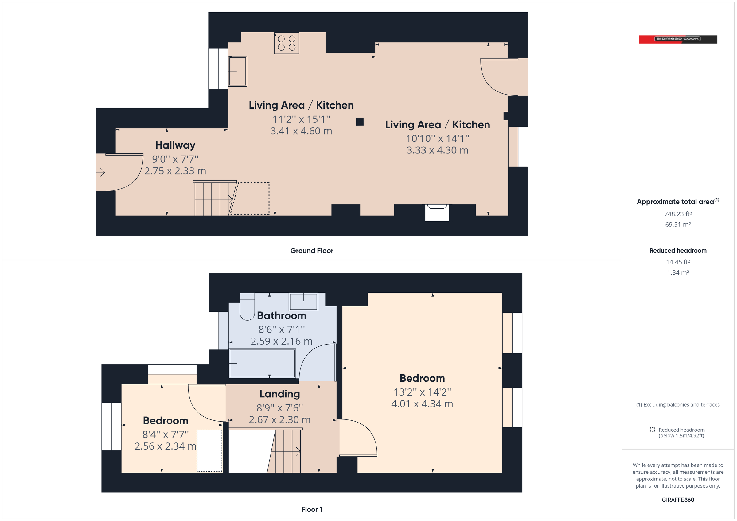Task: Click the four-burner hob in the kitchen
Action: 286,43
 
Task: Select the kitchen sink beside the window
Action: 238,71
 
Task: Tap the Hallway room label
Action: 175,145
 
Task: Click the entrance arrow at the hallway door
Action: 101,172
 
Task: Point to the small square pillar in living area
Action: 360,122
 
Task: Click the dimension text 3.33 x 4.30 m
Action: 437,150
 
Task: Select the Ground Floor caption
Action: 311,251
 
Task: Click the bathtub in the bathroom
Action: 262,364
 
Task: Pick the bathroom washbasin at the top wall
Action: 303,302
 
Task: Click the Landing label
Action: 279,394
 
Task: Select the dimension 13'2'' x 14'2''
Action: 422,392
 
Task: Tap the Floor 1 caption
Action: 311,509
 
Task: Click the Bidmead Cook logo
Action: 678,39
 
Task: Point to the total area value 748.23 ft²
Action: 678,214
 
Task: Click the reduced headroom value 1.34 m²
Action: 678,272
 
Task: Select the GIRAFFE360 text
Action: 678,500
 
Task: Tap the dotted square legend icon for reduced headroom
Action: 652,430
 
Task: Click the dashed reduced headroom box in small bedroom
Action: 209,451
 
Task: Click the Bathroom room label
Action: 282,316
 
